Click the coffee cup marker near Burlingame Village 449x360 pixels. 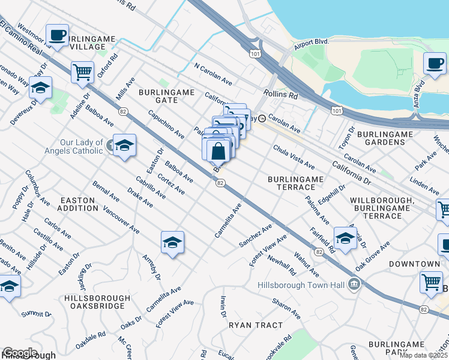point(58,35)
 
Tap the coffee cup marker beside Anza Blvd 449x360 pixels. point(435,63)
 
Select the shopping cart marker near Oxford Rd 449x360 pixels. point(82,72)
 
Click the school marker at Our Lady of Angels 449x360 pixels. point(124,145)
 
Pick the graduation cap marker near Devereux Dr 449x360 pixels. point(40,88)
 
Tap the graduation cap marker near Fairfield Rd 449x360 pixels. point(345,238)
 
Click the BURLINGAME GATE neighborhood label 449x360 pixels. point(167,96)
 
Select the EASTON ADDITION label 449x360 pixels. point(77,204)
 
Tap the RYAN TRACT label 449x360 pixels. point(255,325)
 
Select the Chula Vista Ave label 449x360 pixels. point(294,156)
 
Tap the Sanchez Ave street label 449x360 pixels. point(255,236)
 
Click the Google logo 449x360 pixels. point(20,353)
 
